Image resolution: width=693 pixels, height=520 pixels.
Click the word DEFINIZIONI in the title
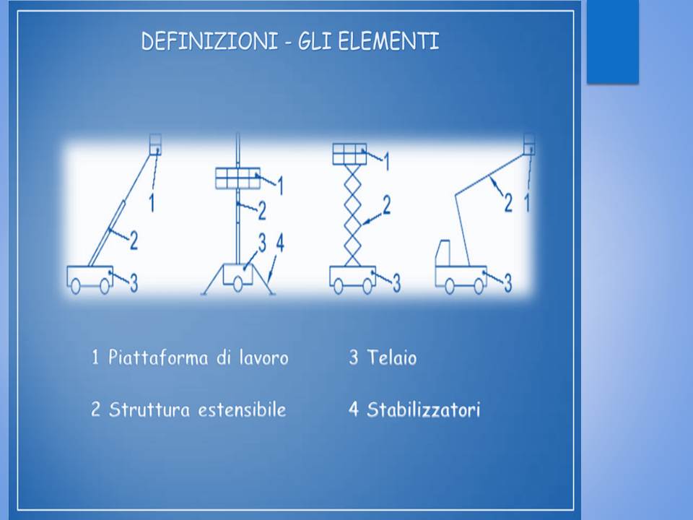click(209, 41)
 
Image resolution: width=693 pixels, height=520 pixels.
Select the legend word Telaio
click(391, 357)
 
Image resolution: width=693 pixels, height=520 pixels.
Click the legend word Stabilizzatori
click(424, 409)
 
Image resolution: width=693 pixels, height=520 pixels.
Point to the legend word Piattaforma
click(158, 357)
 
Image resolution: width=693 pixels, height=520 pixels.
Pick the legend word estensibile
click(242, 409)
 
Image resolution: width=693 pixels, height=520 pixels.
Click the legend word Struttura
click(149, 409)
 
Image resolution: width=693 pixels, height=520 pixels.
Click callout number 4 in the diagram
click(280, 243)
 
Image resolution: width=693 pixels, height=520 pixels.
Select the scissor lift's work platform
click(349, 154)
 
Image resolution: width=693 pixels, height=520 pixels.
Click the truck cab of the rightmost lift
click(443, 253)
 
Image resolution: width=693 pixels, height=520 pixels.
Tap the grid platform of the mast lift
click(237, 178)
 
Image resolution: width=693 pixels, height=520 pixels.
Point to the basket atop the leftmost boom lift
click(155, 144)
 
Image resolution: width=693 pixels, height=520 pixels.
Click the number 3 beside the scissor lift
click(396, 283)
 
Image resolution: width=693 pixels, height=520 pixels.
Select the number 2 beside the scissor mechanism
click(386, 206)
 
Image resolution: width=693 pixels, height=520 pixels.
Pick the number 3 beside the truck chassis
click(507, 283)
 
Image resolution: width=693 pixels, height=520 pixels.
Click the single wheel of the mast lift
click(237, 285)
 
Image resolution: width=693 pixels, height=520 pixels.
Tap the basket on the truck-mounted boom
click(529, 144)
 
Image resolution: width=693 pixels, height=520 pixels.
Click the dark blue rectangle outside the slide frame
click(613, 41)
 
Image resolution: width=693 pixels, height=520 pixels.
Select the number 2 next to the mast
click(261, 211)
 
